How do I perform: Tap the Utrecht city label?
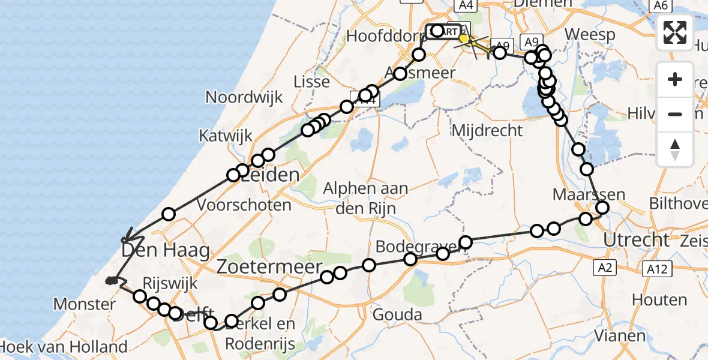click(636, 240)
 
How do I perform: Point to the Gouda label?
click(397, 314)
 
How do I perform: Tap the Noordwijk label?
click(244, 97)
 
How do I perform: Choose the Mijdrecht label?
click(487, 130)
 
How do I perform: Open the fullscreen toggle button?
click(676, 32)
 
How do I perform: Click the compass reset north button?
click(676, 149)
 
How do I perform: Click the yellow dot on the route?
click(463, 38)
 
